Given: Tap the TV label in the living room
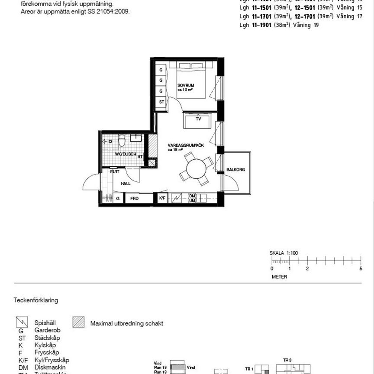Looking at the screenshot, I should pos(198,119).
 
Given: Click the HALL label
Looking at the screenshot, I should pos(126,184).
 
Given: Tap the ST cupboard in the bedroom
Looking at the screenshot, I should pos(161,102).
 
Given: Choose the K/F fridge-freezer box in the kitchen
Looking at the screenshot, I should pos(162,198).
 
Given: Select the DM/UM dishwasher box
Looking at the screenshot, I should pos(192,198).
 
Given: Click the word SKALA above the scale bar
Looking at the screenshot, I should pos(277,253).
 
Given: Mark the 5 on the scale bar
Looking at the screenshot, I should pos(361,269).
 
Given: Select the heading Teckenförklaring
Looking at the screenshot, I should pos(36,300).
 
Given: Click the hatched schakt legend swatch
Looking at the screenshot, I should pos(79,322).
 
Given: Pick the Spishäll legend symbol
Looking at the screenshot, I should pos(21,322).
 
